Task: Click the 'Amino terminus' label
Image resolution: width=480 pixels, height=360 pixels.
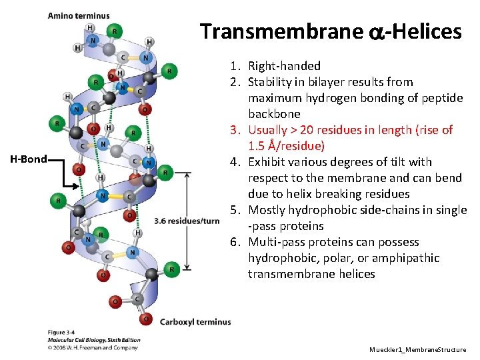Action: pyautogui.click(x=79, y=16)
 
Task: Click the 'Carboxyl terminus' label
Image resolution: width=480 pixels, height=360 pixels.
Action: pyautogui.click(x=195, y=322)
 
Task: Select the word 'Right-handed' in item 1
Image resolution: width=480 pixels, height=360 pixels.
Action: pyautogui.click(x=284, y=66)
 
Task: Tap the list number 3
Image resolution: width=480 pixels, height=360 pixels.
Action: pyautogui.click(x=234, y=130)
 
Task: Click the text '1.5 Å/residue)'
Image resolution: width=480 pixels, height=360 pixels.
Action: pyautogui.click(x=286, y=146)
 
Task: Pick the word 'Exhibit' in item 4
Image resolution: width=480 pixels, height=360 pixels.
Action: pyautogui.click(x=267, y=162)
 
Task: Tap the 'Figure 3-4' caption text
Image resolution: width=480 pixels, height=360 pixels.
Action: pyautogui.click(x=62, y=333)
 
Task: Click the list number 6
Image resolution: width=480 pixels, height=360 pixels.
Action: pyautogui.click(x=234, y=242)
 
